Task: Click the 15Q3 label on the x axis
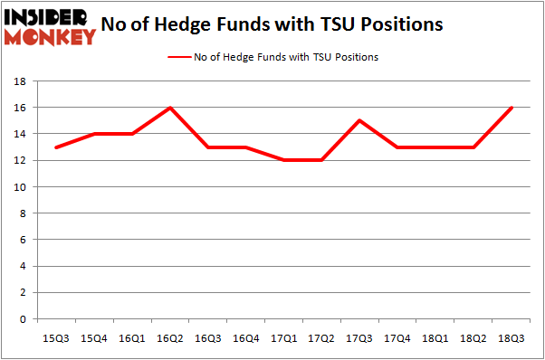click(56, 337)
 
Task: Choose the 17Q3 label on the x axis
click(359, 337)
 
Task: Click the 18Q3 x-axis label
click(512, 337)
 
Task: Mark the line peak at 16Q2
click(169, 108)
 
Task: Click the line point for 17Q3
click(359, 120)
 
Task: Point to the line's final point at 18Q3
click(512, 108)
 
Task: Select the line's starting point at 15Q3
click(56, 147)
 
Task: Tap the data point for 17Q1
click(284, 160)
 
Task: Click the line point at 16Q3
click(207, 147)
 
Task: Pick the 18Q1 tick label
click(435, 337)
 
